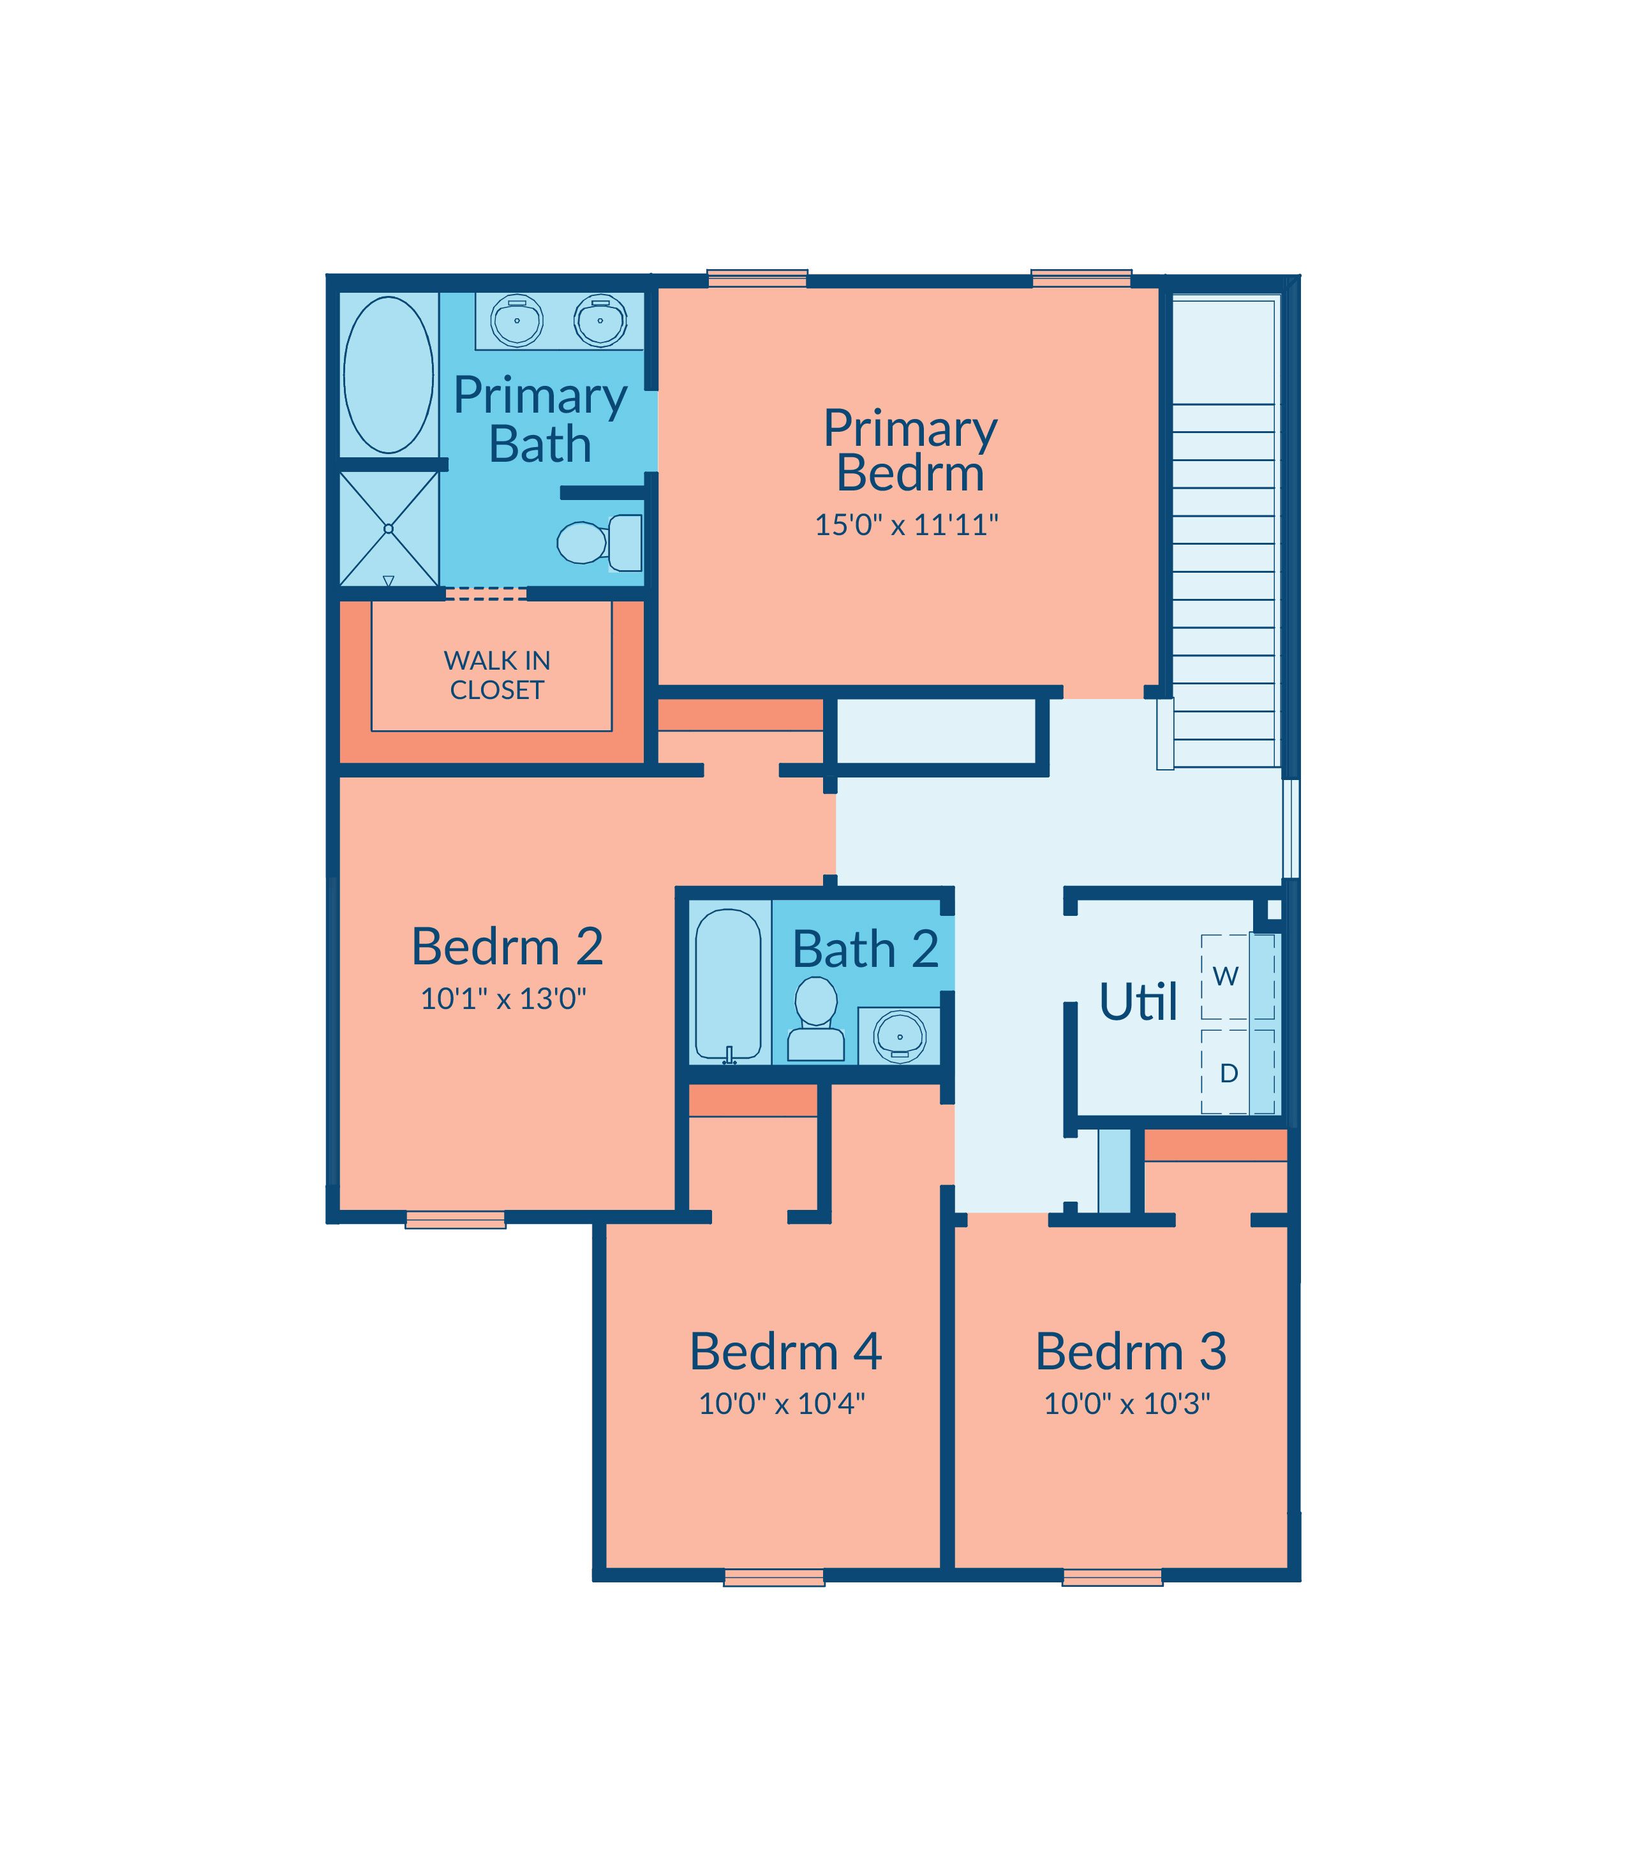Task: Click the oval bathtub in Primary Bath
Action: pyautogui.click(x=388, y=375)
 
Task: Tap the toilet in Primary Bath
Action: pyautogui.click(x=599, y=543)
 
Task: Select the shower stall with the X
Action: pyautogui.click(x=389, y=528)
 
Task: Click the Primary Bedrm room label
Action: pyautogui.click(x=910, y=450)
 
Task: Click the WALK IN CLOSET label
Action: pyautogui.click(x=496, y=675)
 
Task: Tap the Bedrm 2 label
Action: pyautogui.click(x=507, y=946)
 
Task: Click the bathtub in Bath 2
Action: pyautogui.click(x=728, y=985)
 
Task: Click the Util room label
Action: pyautogui.click(x=1138, y=1002)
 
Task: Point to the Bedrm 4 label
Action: pyautogui.click(x=785, y=1351)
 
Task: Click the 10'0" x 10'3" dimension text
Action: pyautogui.click(x=1127, y=1404)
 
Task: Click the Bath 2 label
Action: pyautogui.click(x=865, y=949)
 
